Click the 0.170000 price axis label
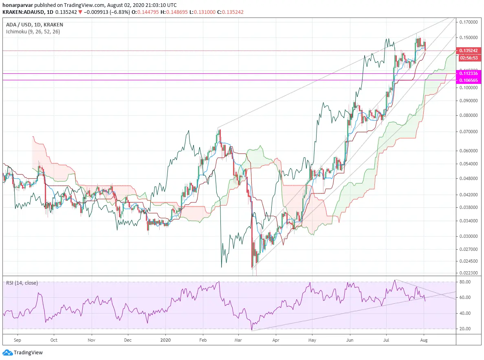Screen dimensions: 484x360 (469, 22)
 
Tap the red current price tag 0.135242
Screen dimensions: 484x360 (469, 50)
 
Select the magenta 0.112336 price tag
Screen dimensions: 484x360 (469, 73)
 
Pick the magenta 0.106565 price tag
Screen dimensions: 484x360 (469, 80)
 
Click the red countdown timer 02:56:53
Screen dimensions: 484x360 (469, 58)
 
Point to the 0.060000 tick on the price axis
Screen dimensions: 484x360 (469, 151)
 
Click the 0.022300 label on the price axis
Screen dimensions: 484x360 (469, 273)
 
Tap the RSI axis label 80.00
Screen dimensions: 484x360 (465, 282)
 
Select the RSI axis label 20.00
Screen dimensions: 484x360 (465, 329)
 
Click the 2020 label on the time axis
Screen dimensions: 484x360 (165, 340)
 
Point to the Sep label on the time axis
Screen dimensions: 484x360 (17, 340)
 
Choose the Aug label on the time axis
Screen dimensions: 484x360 (424, 340)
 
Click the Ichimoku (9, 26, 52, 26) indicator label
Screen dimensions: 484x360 (33, 32)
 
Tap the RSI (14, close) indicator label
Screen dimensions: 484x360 (22, 283)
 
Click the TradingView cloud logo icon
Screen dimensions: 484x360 (7, 353)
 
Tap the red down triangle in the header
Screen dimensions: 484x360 (80, 12)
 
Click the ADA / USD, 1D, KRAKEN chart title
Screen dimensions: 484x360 (35, 25)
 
